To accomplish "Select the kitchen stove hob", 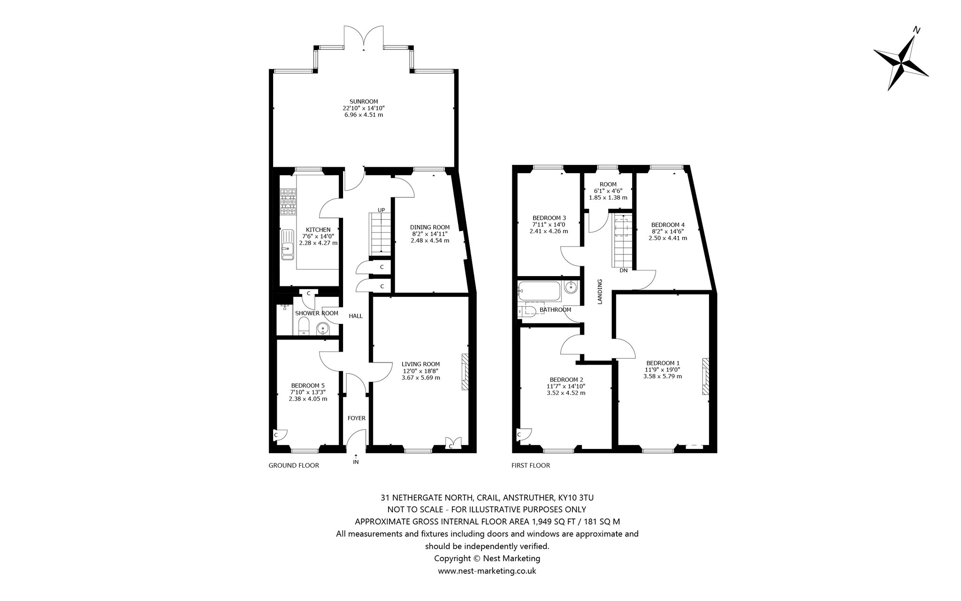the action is [288, 202].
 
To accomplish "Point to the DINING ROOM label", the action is [430, 227].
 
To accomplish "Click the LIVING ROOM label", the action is [421, 364].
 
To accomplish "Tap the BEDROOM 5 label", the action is [308, 385].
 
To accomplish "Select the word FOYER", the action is [356, 418].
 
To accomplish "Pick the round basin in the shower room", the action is [323, 328].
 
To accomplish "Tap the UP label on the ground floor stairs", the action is [381, 210].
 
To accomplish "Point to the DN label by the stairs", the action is [624, 270].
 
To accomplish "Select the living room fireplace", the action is [465, 372].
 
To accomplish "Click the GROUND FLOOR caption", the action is [294, 465].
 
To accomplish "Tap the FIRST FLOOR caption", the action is [531, 465].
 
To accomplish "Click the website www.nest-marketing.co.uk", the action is [487, 571].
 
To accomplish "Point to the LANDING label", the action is [600, 292].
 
